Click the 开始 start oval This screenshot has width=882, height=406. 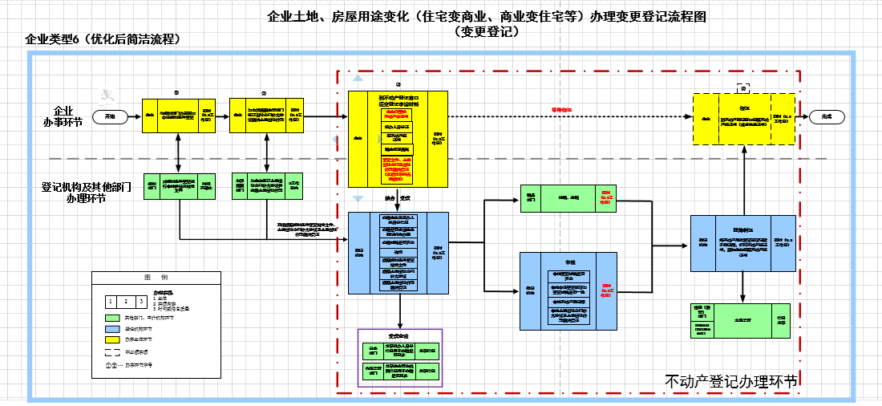pyautogui.click(x=110, y=116)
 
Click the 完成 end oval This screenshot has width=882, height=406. pyautogui.click(x=827, y=116)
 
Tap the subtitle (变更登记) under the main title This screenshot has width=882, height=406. pyautogui.click(x=487, y=32)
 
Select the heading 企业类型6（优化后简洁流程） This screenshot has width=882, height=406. pyautogui.click(x=102, y=39)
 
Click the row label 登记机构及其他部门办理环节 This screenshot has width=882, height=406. pyautogui.click(x=74, y=192)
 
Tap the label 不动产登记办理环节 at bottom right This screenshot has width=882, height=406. pyautogui.click(x=731, y=382)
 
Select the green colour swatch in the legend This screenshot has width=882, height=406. pyautogui.click(x=111, y=318)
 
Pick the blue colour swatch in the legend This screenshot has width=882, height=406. pyautogui.click(x=111, y=329)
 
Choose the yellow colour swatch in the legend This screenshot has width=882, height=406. pyautogui.click(x=111, y=339)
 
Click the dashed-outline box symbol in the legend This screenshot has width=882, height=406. pyautogui.click(x=111, y=351)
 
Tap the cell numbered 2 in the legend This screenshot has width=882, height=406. pyautogui.click(x=125, y=302)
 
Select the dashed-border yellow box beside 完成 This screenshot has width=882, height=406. pyautogui.click(x=745, y=118)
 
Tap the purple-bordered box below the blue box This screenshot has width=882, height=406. pyautogui.click(x=399, y=358)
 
